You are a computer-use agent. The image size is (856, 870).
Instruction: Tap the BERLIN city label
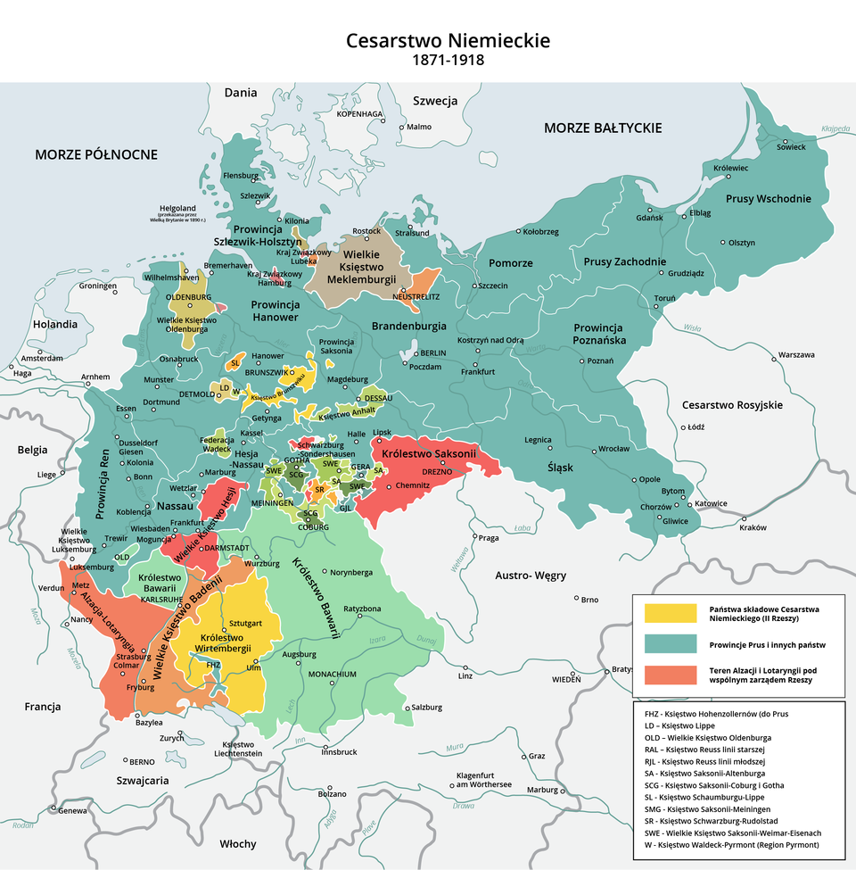click(x=432, y=353)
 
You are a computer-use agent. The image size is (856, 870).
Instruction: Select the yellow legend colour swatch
click(x=669, y=613)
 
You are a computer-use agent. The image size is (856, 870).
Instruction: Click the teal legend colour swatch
click(x=669, y=644)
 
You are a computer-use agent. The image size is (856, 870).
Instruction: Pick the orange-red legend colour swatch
click(x=669, y=675)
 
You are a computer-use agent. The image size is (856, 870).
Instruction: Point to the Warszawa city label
click(x=796, y=354)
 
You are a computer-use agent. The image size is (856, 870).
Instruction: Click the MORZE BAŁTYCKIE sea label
click(x=602, y=128)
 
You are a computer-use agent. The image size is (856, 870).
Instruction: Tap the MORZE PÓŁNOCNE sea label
click(x=96, y=154)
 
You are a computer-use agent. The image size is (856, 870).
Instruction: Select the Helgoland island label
click(x=177, y=208)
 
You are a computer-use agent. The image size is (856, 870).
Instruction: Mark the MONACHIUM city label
click(x=332, y=674)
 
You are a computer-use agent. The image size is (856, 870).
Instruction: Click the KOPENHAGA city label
click(x=359, y=114)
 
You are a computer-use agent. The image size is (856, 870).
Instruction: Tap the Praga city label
click(x=488, y=537)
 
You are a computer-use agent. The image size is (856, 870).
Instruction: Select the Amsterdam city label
click(x=41, y=358)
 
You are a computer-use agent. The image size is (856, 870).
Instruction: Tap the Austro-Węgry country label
click(x=531, y=576)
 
